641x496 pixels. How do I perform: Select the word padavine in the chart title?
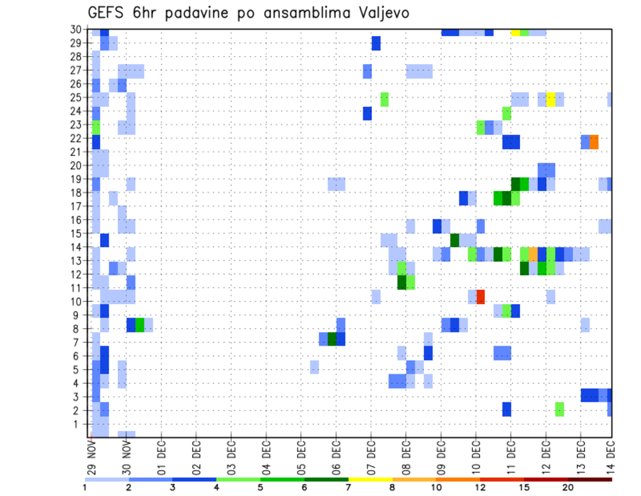205,13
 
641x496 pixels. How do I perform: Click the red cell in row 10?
480,296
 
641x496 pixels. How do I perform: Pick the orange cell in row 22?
594,142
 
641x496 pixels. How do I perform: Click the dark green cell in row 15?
455,240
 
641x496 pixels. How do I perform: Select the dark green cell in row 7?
332,338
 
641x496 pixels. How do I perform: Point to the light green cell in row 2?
560,409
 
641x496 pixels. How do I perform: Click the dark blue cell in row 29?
376,43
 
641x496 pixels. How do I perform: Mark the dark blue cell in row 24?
367,114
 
